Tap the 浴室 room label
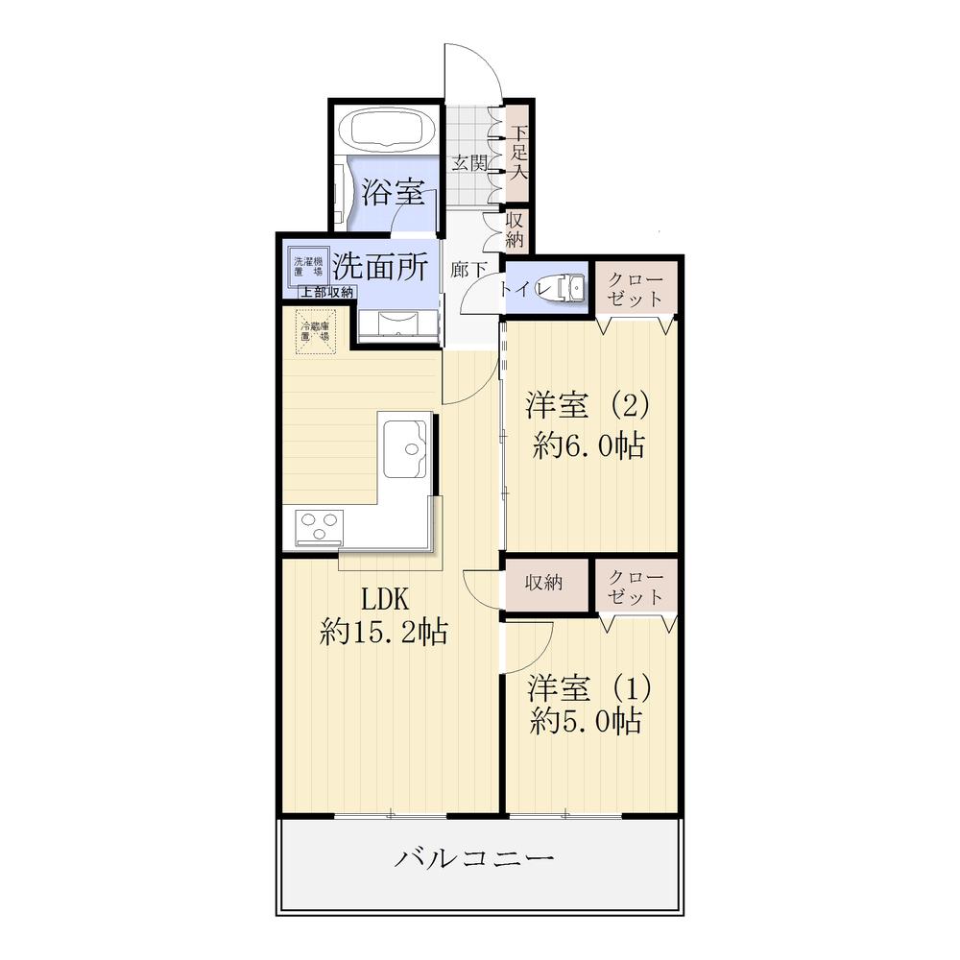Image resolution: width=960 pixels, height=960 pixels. (x=393, y=193)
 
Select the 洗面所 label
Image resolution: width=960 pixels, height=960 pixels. (x=380, y=266)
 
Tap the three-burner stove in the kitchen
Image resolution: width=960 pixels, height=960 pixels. (x=320, y=527)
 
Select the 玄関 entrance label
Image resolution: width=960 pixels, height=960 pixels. (x=469, y=163)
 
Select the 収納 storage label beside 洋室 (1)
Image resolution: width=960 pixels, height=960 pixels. (x=542, y=583)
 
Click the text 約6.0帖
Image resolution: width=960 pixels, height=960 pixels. (x=589, y=445)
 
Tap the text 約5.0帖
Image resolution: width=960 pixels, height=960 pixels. (x=587, y=722)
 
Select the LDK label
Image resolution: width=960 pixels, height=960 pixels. (x=385, y=599)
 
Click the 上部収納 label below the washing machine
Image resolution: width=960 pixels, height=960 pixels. (x=324, y=293)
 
